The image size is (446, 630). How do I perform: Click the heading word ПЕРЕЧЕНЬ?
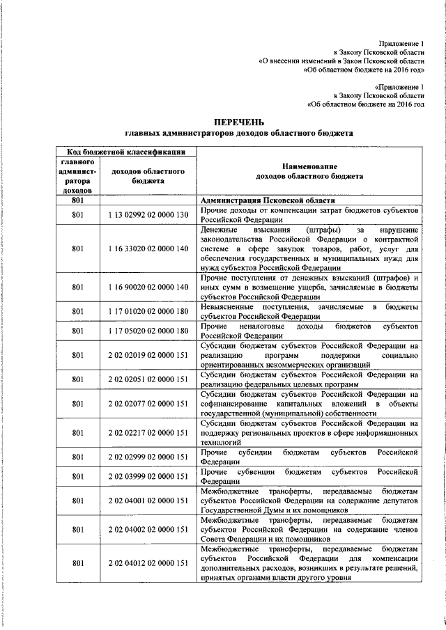[x=239, y=121]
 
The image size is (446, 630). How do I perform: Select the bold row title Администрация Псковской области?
[x=257, y=200]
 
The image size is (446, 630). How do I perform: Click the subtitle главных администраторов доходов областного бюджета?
[x=239, y=132]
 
